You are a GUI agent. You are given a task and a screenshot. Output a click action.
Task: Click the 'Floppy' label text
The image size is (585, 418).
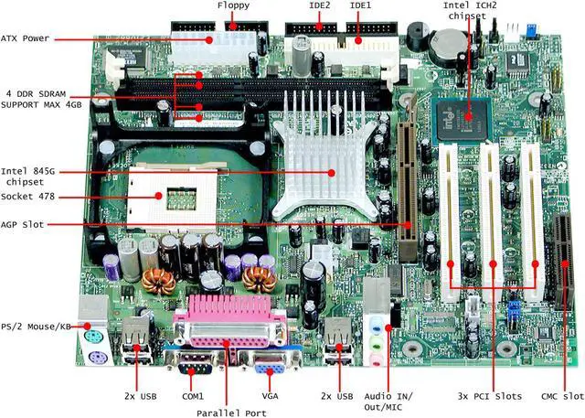233,7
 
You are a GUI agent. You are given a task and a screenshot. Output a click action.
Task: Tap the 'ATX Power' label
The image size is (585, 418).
25,38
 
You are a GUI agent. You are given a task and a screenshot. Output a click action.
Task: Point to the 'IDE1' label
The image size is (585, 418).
359,7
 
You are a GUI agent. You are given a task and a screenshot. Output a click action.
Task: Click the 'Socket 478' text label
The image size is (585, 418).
29,197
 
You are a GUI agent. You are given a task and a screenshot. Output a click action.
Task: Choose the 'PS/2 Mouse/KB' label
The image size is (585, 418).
37,326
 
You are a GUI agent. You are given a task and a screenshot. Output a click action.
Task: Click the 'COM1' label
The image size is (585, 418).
193,396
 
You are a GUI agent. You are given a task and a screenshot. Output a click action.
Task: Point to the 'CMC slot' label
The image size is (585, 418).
561,396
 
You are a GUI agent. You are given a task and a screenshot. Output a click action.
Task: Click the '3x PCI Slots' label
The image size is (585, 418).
489,396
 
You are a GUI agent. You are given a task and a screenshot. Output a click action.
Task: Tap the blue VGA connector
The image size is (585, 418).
271,365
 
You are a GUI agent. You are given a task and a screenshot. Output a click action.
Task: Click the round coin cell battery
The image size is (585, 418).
452,42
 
